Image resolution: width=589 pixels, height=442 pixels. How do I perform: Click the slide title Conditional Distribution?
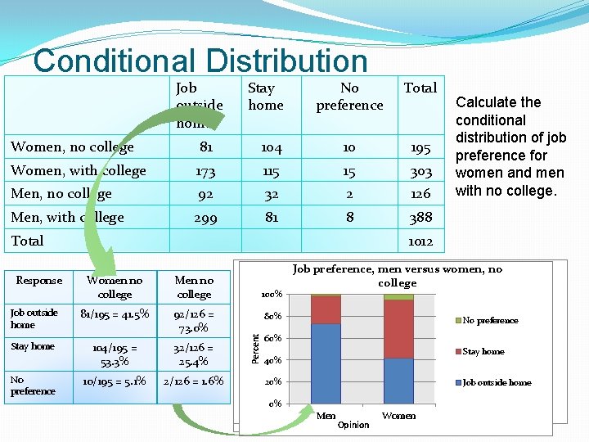(200, 61)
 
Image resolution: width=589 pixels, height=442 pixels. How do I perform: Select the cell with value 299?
(206, 217)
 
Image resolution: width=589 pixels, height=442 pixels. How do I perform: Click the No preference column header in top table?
(349, 97)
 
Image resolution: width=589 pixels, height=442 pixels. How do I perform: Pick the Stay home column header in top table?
(265, 97)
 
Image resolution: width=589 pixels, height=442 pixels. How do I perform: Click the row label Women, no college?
(72, 147)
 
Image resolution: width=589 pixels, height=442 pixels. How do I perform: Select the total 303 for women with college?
(420, 171)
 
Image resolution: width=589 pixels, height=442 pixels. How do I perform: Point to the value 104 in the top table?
(272, 148)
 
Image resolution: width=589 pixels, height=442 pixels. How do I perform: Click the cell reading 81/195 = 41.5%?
(115, 313)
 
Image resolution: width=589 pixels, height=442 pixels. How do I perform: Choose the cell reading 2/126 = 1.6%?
(194, 381)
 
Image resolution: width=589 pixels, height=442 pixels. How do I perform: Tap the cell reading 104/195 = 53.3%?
(115, 354)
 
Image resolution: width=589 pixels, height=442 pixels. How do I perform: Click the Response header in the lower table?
(38, 281)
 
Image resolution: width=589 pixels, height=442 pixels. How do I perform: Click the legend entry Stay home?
(482, 352)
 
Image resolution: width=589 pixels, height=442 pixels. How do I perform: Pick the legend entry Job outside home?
(495, 383)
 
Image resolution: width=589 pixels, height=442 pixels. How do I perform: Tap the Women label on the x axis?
(398, 416)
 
